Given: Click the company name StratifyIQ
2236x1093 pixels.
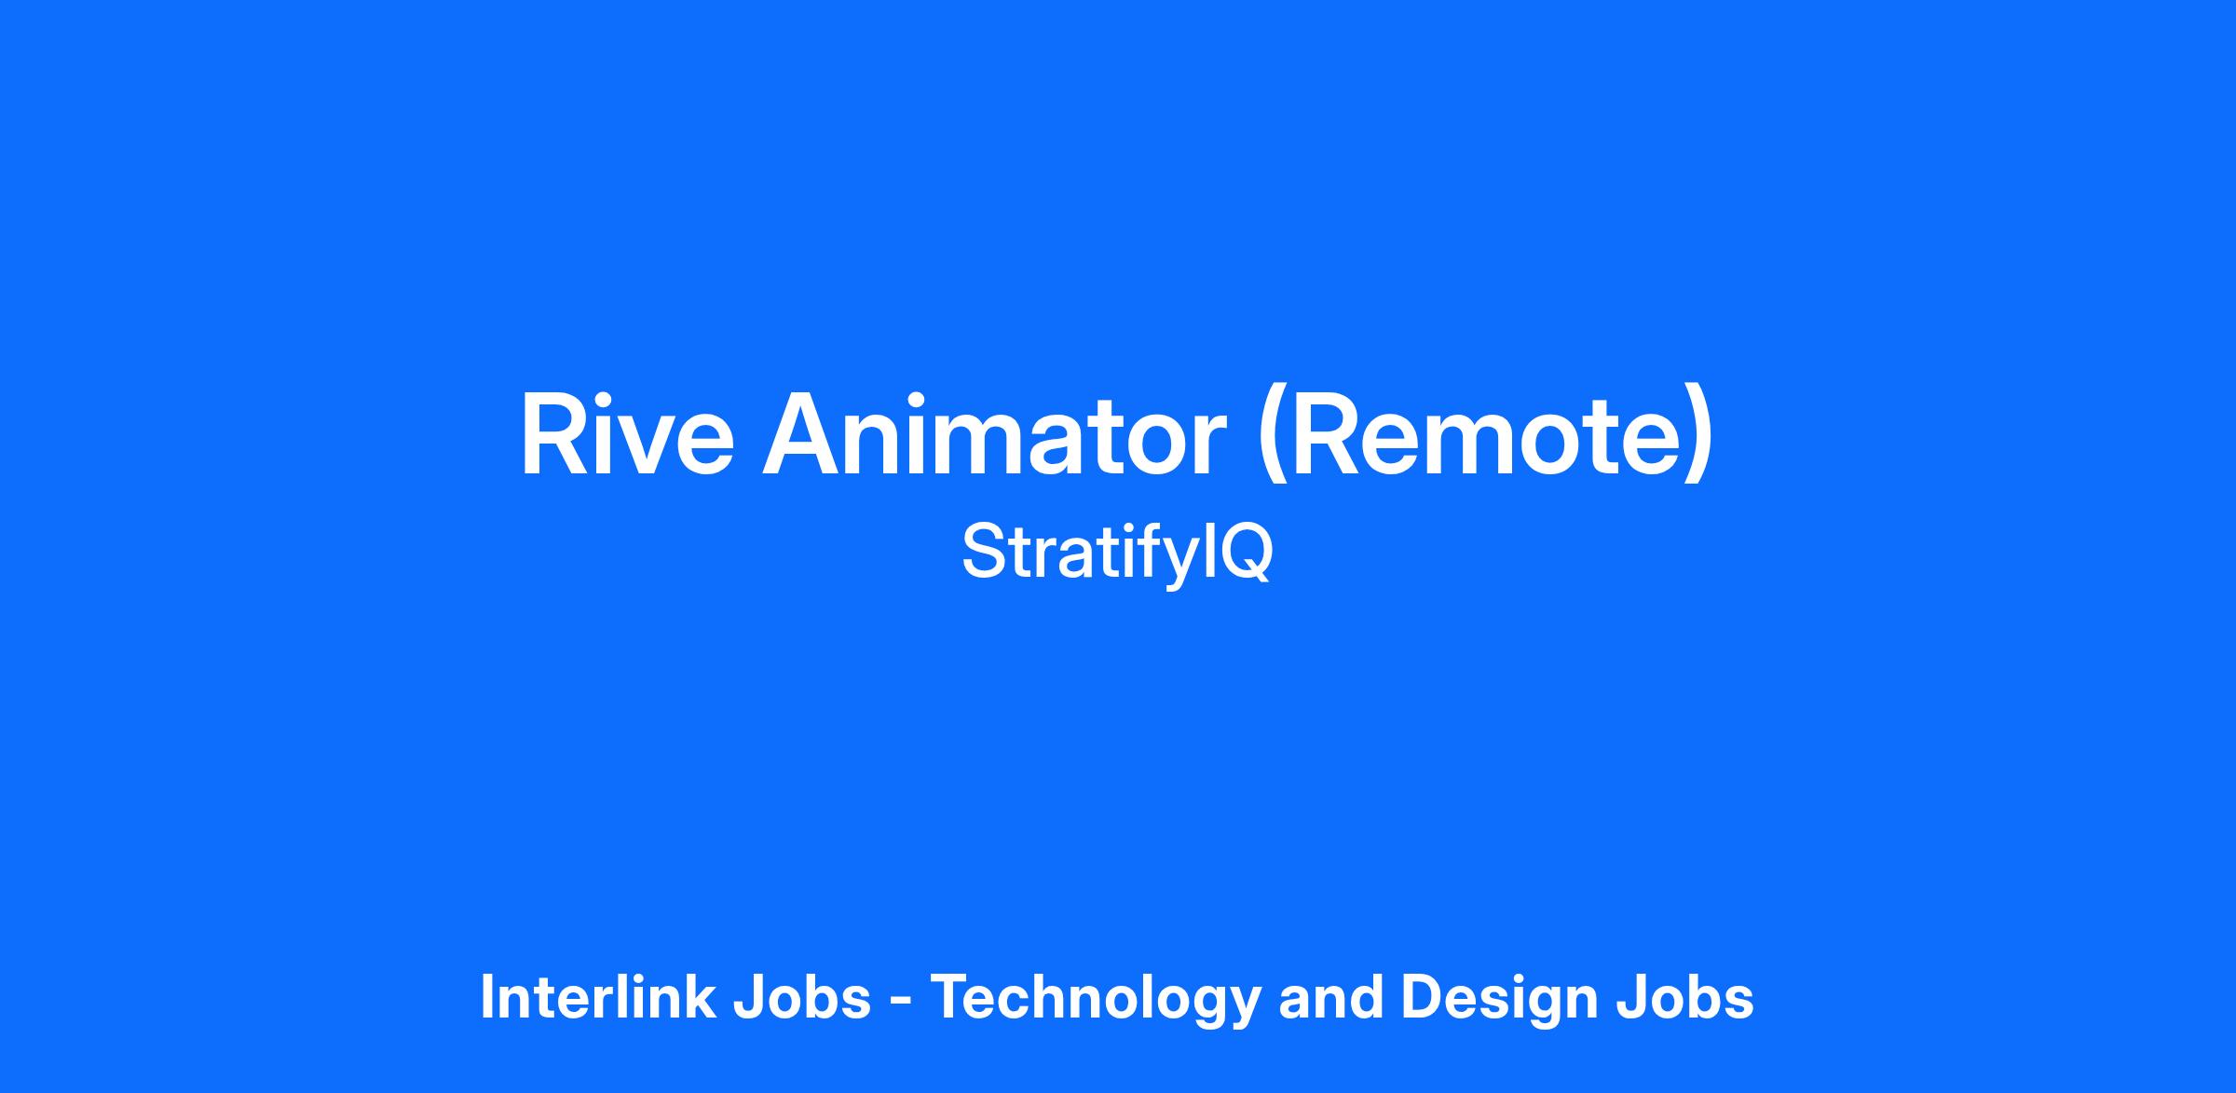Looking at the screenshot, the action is click(x=1117, y=553).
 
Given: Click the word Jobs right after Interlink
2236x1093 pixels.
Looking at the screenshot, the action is click(x=802, y=997).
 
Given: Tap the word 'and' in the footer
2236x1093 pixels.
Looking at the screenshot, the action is click(x=1331, y=997).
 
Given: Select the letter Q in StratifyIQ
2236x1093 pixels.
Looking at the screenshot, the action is click(x=1243, y=554).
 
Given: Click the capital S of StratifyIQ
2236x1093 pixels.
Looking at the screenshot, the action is click(x=984, y=552).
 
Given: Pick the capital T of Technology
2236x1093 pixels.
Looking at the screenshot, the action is click(x=953, y=997).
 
